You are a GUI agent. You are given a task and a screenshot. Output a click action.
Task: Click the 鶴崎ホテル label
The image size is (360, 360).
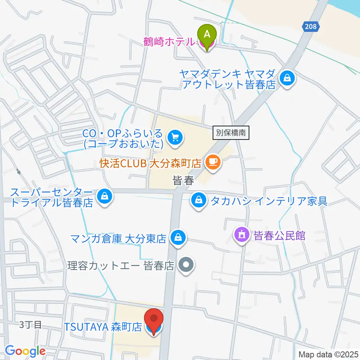169,42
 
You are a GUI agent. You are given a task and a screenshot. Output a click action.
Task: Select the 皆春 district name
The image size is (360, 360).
183,181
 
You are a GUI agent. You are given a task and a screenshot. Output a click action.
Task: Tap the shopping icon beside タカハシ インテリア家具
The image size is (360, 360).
198,200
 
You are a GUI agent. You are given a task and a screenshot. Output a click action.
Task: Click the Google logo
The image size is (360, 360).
25,351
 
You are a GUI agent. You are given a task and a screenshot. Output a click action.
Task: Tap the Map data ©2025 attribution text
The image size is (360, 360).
328,354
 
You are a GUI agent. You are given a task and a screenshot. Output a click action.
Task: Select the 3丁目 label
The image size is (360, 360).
31,325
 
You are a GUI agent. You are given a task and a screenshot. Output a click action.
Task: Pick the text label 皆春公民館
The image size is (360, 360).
280,236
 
